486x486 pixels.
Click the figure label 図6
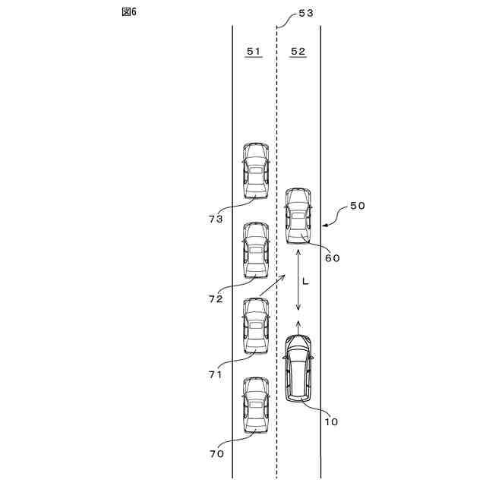click(129, 13)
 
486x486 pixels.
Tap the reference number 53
click(306, 14)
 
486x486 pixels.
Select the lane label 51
click(254, 51)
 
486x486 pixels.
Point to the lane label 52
click(298, 51)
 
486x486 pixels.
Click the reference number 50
click(357, 206)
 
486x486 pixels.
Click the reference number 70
click(216, 453)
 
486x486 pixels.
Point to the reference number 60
click(332, 257)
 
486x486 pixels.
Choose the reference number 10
click(332, 421)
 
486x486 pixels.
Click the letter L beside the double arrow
click(305, 281)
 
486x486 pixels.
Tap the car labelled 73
click(256, 171)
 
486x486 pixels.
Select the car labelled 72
click(256, 251)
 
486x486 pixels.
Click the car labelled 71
click(256, 326)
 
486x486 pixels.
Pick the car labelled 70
click(256, 406)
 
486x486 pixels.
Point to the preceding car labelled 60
click(298, 216)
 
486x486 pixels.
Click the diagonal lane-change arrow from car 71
click(272, 286)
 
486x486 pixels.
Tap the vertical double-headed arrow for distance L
click(298, 280)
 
